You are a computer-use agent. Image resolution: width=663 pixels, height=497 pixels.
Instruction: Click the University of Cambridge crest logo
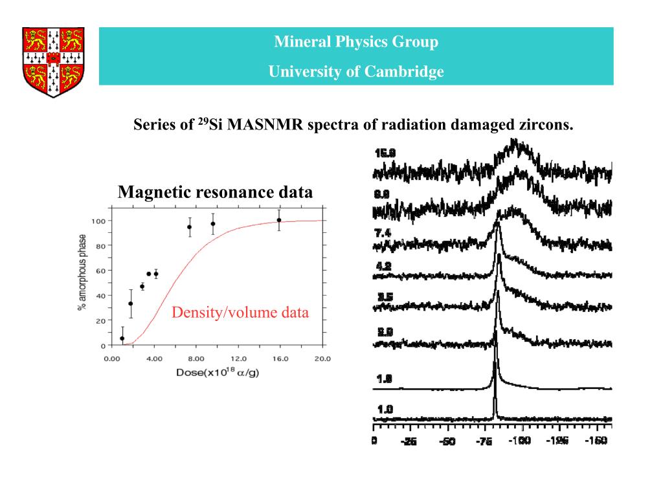point(54,61)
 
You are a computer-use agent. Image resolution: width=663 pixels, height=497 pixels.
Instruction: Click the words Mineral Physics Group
point(356,42)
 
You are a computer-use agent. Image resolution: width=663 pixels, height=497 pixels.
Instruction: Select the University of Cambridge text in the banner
point(356,72)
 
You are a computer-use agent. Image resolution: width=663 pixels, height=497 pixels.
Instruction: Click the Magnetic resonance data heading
point(215,192)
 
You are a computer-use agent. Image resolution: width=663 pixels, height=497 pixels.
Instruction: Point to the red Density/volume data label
point(240,314)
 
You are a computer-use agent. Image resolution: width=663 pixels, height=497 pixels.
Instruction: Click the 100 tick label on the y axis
point(98,221)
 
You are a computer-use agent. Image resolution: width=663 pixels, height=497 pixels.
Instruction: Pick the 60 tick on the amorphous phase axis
point(100,271)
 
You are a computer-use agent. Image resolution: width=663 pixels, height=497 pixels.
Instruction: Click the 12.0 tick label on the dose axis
point(238,359)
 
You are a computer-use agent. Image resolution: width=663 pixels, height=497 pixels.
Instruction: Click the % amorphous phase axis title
point(82,272)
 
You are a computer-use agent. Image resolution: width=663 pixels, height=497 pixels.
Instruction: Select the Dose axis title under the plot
point(218,373)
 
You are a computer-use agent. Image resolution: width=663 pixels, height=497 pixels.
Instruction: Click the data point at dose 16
point(279,220)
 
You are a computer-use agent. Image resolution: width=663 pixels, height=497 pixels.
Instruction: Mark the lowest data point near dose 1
point(122,338)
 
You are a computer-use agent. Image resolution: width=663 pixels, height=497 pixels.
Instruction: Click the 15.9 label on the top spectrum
point(385,153)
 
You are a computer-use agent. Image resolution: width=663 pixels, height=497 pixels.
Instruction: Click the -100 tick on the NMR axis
point(519,441)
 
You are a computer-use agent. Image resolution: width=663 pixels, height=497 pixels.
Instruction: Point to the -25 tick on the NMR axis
point(409,441)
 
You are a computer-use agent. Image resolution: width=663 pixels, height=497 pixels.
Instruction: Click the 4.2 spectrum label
point(384,266)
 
